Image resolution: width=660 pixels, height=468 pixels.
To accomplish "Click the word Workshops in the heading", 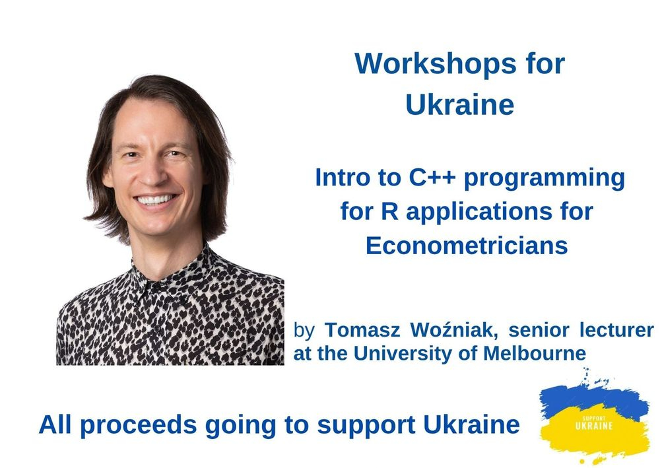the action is pos(435,63).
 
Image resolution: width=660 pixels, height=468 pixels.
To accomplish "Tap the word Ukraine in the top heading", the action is pos(459,104).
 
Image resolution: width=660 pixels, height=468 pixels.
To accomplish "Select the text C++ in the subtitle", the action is pos(432,177).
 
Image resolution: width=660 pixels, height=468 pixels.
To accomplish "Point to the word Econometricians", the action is pos(467,246).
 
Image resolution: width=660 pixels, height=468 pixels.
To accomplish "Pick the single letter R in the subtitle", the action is pos(390,211).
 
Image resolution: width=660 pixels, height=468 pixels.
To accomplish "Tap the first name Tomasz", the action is pos(362,330).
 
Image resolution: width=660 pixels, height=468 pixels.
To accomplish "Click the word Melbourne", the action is pos(535,353).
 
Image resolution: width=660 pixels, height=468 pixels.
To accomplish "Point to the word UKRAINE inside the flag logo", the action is pos(594,426).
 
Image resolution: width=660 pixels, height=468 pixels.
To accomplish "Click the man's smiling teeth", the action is pos(155,199).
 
